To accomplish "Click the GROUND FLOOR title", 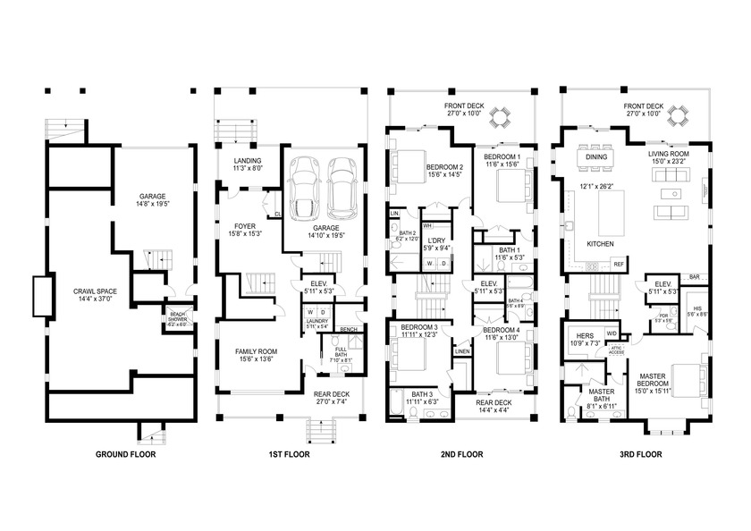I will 125,454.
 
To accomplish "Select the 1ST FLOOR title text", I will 288,454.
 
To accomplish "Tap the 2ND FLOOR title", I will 461,454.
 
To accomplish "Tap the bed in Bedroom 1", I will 502,193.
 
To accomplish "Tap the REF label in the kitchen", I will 618,264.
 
